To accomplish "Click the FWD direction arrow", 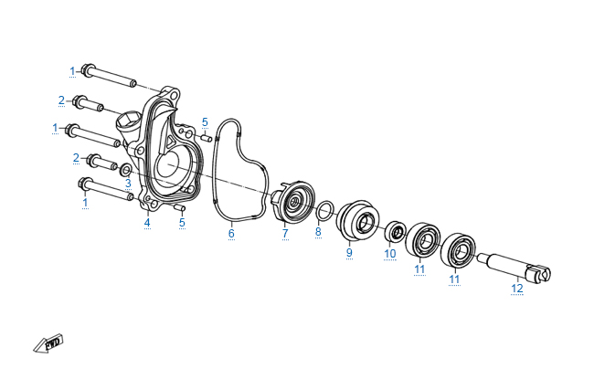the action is [x=48, y=343].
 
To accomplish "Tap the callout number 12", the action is [x=516, y=288].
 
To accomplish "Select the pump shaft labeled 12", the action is [x=514, y=268].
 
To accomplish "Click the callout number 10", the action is [x=390, y=253].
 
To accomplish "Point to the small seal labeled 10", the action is [x=396, y=230].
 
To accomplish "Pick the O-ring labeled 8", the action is [x=325, y=211].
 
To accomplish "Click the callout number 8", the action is [x=318, y=231].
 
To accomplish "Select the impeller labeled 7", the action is [x=293, y=202].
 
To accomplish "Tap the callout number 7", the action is [x=285, y=233].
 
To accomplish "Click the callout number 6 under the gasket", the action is [x=231, y=233].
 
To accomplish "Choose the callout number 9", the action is [x=349, y=252].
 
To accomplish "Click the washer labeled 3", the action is [x=126, y=170].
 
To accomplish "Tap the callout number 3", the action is [x=128, y=184].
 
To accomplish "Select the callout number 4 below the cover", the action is [x=147, y=223].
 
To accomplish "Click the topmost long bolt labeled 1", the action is [x=109, y=76].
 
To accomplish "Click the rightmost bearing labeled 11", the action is [x=458, y=250].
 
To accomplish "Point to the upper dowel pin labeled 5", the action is [x=206, y=138].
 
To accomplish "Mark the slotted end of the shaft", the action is [x=539, y=273].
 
